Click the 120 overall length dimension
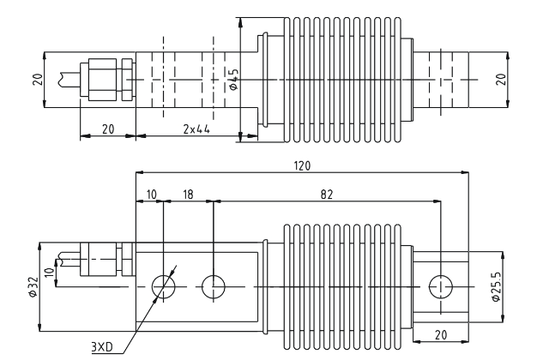pos(300,165)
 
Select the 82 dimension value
pos(326,195)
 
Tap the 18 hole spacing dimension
pos(188,195)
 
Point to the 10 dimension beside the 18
pos(149,195)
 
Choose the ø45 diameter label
pos(233,79)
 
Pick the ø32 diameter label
pos(30,285)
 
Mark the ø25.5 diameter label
pos(497,285)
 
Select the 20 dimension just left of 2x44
pos(106,129)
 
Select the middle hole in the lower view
pos(213,285)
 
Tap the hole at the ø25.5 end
pos(440,285)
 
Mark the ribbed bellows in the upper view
pos(341,79)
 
